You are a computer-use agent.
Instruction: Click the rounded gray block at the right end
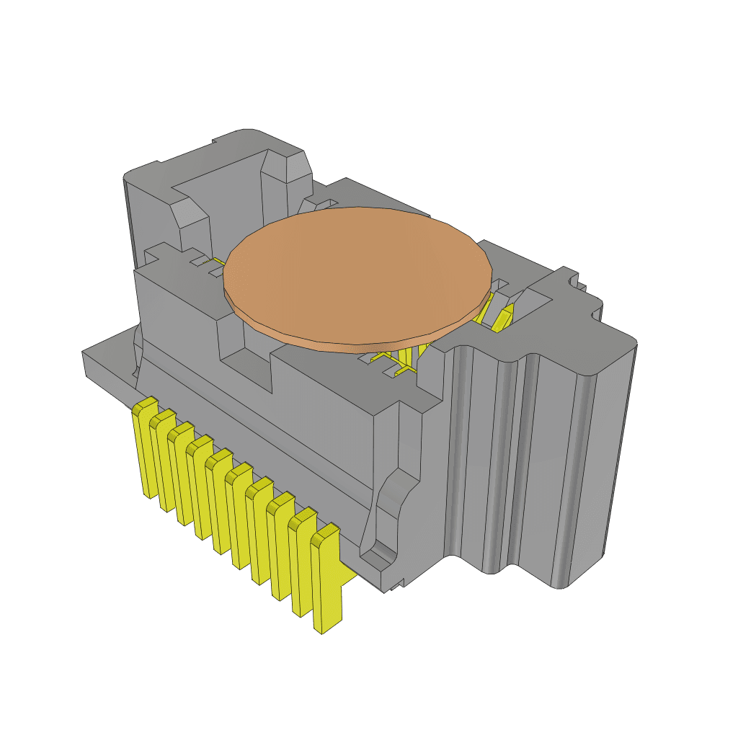click(591, 461)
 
